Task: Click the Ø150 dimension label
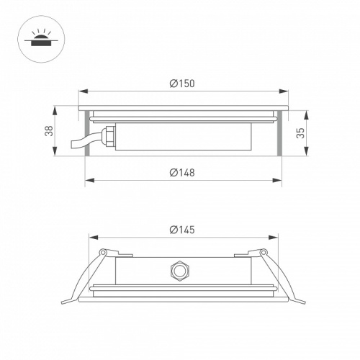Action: coord(182,84)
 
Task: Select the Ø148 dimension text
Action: coord(182,173)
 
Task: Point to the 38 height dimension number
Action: coord(48,131)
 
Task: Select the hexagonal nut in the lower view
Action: coord(176,271)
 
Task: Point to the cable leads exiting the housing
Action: coord(79,141)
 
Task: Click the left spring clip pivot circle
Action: coord(103,252)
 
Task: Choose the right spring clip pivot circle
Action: coord(263,252)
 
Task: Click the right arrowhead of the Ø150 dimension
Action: coord(284,91)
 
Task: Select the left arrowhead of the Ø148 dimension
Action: coord(89,181)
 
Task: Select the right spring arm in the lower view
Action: coord(284,277)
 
